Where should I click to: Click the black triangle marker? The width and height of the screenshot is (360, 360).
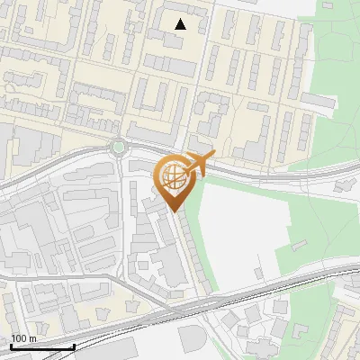pyautogui.click(x=181, y=24)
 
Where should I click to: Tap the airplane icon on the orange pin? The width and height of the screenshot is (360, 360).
pyautogui.click(x=200, y=164)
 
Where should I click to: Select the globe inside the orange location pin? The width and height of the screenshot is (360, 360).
pyautogui.click(x=172, y=177)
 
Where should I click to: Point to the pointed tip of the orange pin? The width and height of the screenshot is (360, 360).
pyautogui.click(x=173, y=211)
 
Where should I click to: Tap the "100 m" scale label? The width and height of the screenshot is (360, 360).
pyautogui.click(x=24, y=338)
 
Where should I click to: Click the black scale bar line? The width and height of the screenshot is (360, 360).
pyautogui.click(x=42, y=346)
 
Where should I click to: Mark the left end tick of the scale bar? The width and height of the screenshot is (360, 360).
pyautogui.click(x=12, y=346)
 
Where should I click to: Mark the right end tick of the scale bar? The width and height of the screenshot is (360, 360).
pyautogui.click(x=74, y=346)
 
